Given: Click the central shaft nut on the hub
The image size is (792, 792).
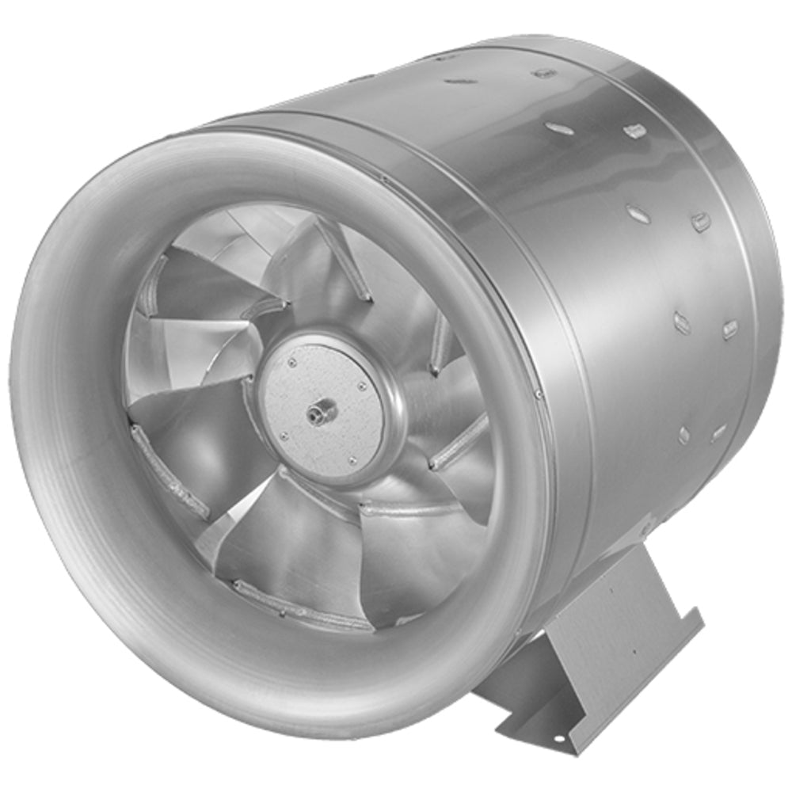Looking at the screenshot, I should pos(322,412).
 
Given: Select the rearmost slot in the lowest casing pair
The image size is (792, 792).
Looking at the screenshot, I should pos(719,432).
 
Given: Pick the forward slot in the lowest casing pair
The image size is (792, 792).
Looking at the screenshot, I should pos(683,435).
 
